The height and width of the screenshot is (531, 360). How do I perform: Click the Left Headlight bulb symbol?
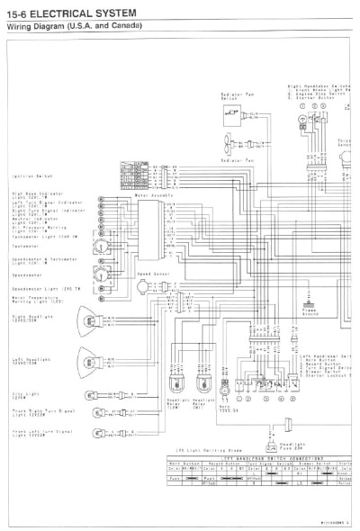(x=91, y=359)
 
